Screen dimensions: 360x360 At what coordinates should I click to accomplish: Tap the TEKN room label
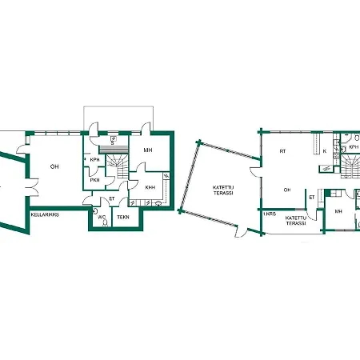point(123,217)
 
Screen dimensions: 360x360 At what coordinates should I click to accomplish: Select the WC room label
point(102,217)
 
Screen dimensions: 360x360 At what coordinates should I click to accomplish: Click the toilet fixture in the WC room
point(97,224)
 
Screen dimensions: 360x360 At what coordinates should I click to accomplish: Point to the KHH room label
point(150,187)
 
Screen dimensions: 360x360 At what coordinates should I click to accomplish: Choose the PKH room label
point(94,180)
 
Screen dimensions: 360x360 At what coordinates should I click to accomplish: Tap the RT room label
point(283,150)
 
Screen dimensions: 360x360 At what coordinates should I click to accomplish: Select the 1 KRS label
point(270,214)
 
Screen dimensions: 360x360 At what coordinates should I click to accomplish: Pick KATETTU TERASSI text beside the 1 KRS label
point(297,221)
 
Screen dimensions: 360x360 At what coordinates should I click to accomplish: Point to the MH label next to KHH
point(148,150)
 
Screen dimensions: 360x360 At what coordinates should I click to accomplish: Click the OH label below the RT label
point(287,190)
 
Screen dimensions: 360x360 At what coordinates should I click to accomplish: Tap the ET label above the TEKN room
point(112,198)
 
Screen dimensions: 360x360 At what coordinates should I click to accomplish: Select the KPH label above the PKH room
point(94,160)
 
